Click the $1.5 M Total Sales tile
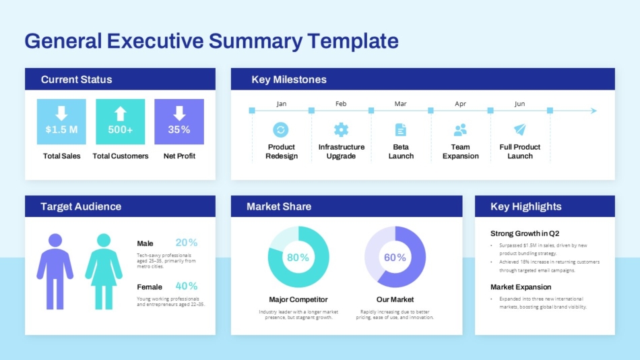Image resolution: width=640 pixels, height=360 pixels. [61, 122]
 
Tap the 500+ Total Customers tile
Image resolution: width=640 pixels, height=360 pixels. [120, 122]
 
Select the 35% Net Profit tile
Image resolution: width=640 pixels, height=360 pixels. [179, 122]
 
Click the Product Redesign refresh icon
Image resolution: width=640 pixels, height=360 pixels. [281, 129]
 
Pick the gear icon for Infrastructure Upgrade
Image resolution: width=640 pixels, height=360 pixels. [341, 129]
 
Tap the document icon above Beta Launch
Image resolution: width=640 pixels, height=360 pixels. [401, 129]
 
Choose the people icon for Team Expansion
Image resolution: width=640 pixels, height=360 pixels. [460, 129]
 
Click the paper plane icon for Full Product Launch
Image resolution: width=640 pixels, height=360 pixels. [520, 129]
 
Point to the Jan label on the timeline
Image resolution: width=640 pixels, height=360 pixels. [282, 104]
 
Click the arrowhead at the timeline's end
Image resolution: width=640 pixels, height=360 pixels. [593, 111]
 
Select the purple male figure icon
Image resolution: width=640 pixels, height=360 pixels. [55, 271]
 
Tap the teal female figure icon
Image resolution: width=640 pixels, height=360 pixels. [104, 271]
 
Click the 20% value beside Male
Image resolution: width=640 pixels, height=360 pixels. [187, 243]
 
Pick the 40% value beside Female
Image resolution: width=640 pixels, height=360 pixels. [187, 286]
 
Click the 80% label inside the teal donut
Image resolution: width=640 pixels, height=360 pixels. [298, 258]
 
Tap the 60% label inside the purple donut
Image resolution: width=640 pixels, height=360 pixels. [395, 258]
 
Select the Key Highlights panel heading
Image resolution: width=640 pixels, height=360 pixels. [525, 206]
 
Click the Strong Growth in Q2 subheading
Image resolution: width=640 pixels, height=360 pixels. [525, 233]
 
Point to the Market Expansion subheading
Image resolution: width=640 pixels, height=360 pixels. [521, 287]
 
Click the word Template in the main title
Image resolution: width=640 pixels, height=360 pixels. [353, 41]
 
